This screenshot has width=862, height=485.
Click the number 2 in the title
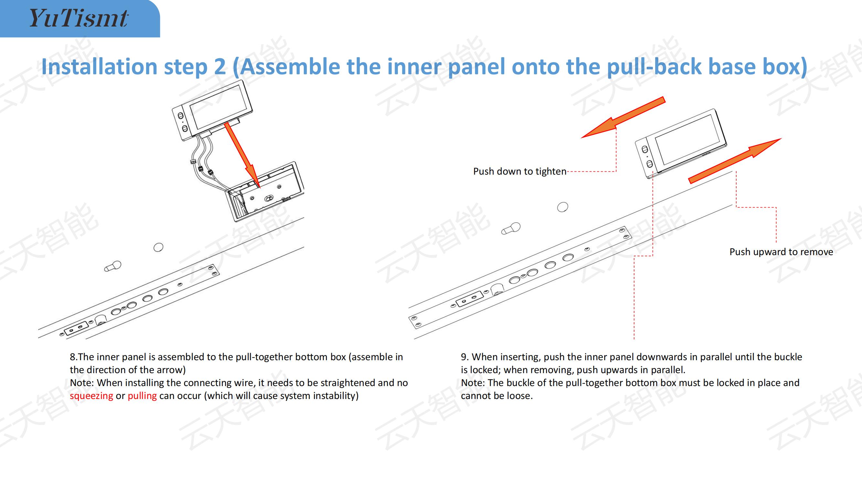pyautogui.click(x=219, y=66)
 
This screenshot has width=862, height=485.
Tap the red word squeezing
pyautogui.click(x=91, y=396)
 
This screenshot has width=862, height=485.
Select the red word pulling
pyautogui.click(x=142, y=396)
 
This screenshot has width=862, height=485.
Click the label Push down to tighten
pyautogui.click(x=520, y=171)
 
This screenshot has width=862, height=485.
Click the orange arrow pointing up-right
pyautogui.click(x=735, y=161)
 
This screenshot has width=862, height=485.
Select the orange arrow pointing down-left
pyautogui.click(x=623, y=117)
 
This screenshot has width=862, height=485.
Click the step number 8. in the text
pyautogui.click(x=74, y=357)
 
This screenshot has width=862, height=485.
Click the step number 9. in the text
pyautogui.click(x=465, y=357)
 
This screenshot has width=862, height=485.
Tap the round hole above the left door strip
pyautogui.click(x=158, y=247)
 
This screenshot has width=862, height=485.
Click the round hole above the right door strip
pyautogui.click(x=562, y=207)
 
